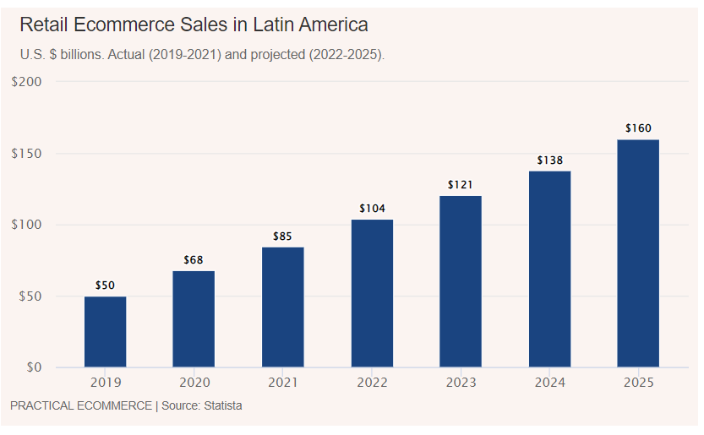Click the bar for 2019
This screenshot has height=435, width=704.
coord(105,332)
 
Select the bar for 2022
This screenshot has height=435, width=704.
coord(372,294)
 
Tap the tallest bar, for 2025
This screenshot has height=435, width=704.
coord(638,253)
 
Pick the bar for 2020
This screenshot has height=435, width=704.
coord(194,319)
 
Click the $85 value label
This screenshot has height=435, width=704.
coord(282,237)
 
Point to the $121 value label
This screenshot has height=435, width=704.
coord(461,185)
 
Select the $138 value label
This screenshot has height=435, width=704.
coord(549,160)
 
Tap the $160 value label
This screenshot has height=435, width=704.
coord(638,128)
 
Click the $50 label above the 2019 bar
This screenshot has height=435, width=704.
coord(105,285)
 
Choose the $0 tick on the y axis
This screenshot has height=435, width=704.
coord(35,368)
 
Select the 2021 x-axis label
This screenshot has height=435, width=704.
coord(282,383)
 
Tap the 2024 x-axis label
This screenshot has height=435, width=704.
coord(549,383)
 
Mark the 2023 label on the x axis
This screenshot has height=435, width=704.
coord(461,383)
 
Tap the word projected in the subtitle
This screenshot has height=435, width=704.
coord(272,54)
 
